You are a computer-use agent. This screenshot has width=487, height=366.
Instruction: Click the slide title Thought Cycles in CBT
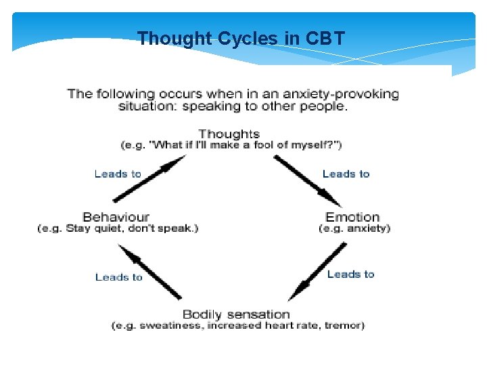point(241,38)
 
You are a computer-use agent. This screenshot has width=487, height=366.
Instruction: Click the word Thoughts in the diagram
point(229,134)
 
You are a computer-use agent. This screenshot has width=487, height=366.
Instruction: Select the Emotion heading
point(352,217)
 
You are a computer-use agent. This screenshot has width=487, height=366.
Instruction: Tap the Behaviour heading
point(116,217)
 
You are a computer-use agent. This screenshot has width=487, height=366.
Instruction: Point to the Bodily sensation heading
point(236,314)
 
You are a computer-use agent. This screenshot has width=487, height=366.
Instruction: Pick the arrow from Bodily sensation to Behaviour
point(149,272)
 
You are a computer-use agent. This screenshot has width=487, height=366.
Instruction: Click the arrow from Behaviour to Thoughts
point(149,179)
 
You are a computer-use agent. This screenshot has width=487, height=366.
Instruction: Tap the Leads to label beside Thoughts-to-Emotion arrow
point(346,174)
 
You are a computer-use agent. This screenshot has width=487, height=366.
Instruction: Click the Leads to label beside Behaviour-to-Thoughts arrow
point(118,174)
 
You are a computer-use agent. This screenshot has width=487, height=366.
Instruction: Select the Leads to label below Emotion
point(350,274)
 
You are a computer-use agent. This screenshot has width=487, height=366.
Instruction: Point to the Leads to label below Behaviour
point(119,277)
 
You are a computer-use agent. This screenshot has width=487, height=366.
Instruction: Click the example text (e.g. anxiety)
point(354,228)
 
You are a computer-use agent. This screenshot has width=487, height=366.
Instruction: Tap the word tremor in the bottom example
point(344,326)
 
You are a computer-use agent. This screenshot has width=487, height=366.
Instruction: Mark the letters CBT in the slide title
point(326,38)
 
